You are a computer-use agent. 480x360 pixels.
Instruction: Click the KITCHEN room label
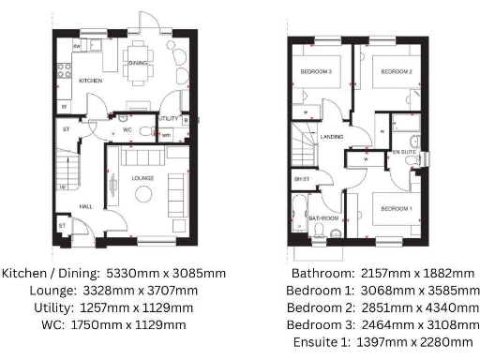(x=91, y=81)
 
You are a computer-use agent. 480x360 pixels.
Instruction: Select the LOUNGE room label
(x=142, y=151)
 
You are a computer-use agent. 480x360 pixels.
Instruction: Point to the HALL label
(x=85, y=206)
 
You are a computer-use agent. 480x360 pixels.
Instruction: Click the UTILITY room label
(x=168, y=119)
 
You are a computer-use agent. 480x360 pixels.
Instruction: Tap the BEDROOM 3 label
(x=316, y=71)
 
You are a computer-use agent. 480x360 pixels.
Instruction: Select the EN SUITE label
(x=404, y=150)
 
